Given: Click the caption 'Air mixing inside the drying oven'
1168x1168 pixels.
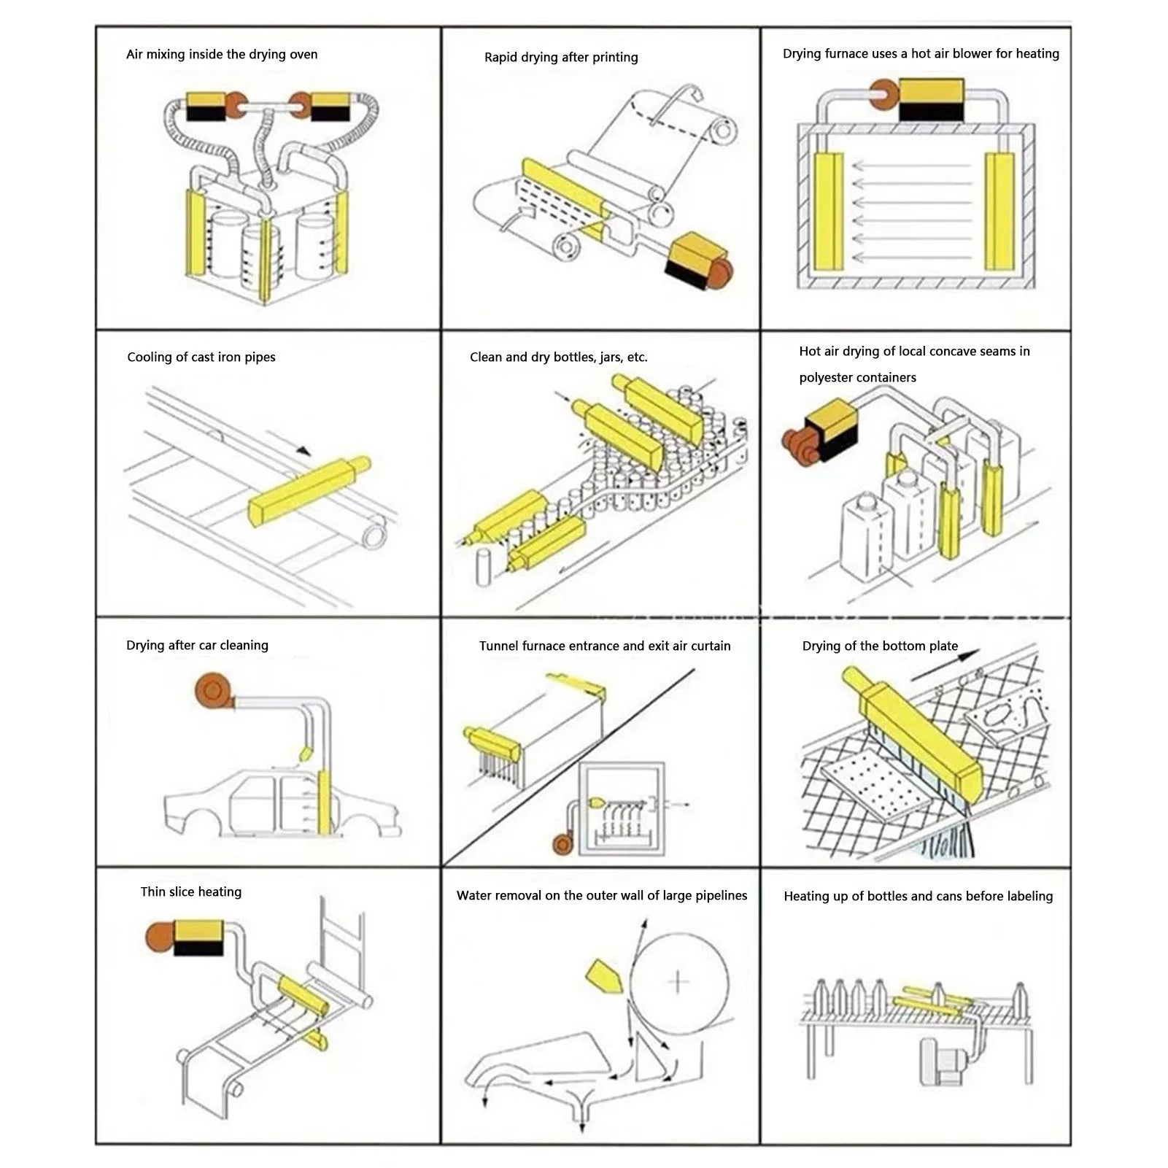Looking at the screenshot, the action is pyautogui.click(x=222, y=55).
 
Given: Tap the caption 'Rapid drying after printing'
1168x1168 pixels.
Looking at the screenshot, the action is pyautogui.click(x=561, y=58).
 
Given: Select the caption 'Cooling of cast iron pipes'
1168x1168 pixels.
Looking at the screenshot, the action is pyautogui.click(x=201, y=357).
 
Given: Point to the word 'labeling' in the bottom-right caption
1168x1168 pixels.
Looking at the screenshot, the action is pyautogui.click(x=1028, y=897).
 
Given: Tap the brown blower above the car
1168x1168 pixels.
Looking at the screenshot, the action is pyautogui.click(x=213, y=691).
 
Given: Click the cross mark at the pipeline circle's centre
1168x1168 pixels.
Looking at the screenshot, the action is pyautogui.click(x=678, y=981).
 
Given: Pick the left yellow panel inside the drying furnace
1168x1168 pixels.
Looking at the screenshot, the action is pyautogui.click(x=829, y=211).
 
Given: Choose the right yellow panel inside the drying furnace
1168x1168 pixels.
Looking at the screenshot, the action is pyautogui.click(x=999, y=211).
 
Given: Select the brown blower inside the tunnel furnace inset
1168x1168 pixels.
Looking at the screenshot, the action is pyautogui.click(x=562, y=845).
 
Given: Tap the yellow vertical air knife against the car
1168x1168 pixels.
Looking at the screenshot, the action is pyautogui.click(x=324, y=802).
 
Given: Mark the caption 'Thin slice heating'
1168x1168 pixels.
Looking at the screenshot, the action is pyautogui.click(x=191, y=892).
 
